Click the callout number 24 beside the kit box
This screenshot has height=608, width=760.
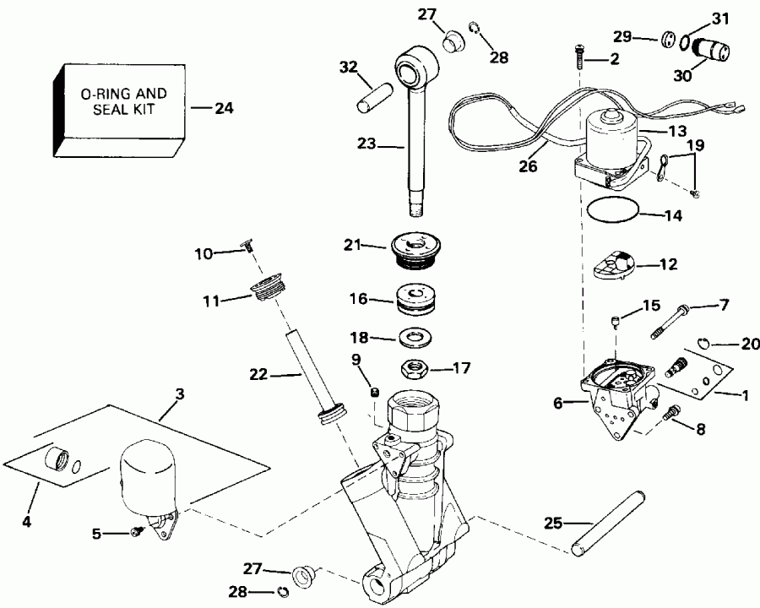[224, 108]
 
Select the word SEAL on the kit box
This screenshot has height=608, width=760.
[99, 111]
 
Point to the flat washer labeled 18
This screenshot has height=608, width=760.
[414, 338]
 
